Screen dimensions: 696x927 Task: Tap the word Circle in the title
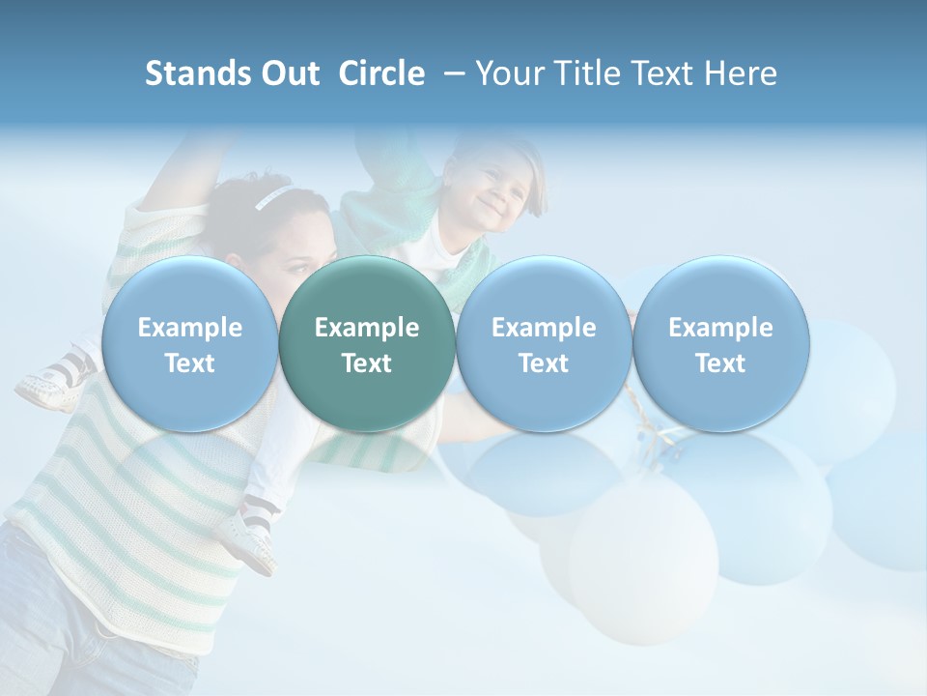coord(381,73)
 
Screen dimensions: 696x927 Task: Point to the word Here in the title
coord(741,73)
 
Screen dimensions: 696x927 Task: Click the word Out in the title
coord(289,73)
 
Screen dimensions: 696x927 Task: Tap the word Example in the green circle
coord(367,328)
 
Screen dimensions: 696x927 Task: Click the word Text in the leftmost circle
coord(189,363)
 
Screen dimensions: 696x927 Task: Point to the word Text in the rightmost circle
coord(720,363)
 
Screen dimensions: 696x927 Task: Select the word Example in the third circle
coord(544,328)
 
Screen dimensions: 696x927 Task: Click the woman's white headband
coord(271,198)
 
